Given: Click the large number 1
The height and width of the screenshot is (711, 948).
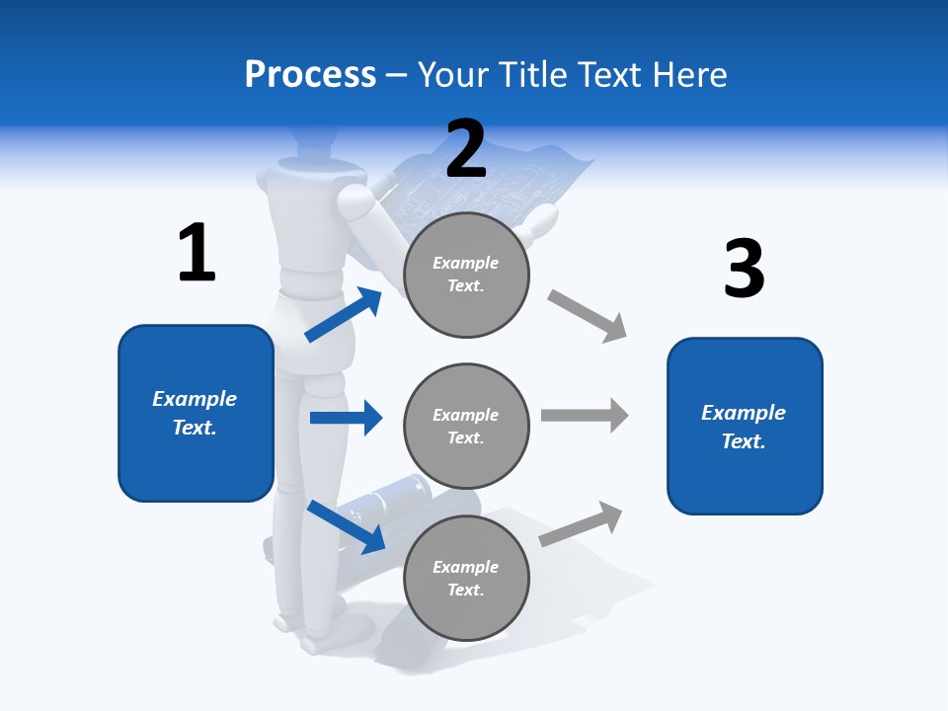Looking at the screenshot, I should pos(197,253).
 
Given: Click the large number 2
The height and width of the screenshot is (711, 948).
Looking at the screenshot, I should pos(466,149).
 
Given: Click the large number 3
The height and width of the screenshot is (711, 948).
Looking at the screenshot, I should pos(744,269).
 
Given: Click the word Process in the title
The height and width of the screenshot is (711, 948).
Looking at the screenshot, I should pos(310,74).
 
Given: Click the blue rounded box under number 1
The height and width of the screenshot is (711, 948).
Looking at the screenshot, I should pos(196,413).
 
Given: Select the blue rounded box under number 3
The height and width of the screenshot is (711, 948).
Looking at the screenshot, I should pos(744,426).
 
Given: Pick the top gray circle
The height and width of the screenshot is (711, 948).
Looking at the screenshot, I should pos(466,275).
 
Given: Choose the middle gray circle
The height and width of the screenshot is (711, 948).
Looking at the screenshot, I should pos(466,426).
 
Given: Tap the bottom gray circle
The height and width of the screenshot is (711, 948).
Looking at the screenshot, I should pos(466,578).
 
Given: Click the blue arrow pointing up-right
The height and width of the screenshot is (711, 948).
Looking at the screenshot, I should pos(344,315).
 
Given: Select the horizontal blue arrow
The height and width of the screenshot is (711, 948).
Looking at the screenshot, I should pos(346,418).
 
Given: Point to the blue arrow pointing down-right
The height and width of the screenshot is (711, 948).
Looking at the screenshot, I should pos(346,526).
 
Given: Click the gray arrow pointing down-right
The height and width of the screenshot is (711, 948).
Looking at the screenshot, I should pos(588,316).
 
